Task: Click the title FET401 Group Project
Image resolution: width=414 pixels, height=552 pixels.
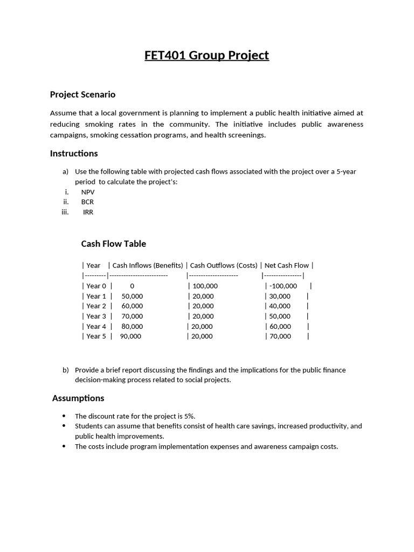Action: [206, 56]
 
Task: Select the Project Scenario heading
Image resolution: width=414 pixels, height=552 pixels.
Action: [82, 94]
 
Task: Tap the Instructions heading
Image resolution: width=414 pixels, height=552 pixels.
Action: [74, 154]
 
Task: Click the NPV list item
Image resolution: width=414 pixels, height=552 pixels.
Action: [88, 192]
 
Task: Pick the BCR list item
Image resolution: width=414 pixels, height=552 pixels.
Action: [87, 202]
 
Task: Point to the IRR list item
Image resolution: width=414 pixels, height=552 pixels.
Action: [88, 212]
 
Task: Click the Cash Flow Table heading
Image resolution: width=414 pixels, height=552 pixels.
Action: [113, 244]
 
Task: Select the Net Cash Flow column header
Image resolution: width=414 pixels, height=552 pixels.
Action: [286, 265]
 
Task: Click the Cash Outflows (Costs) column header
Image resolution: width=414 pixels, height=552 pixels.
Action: [223, 265]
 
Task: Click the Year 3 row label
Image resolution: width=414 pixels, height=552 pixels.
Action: [96, 316]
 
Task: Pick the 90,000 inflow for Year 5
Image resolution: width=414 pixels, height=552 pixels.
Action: [130, 336]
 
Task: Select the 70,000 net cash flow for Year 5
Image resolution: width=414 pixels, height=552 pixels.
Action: [280, 336]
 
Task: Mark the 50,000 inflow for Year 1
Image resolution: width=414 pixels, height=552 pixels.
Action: [132, 296]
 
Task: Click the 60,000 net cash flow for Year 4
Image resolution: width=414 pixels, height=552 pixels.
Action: [280, 327]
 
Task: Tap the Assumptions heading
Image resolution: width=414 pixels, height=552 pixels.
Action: [78, 398]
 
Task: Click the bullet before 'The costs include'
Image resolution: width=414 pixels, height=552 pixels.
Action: [64, 446]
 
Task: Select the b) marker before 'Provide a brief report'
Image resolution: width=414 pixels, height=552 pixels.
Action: [66, 370]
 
